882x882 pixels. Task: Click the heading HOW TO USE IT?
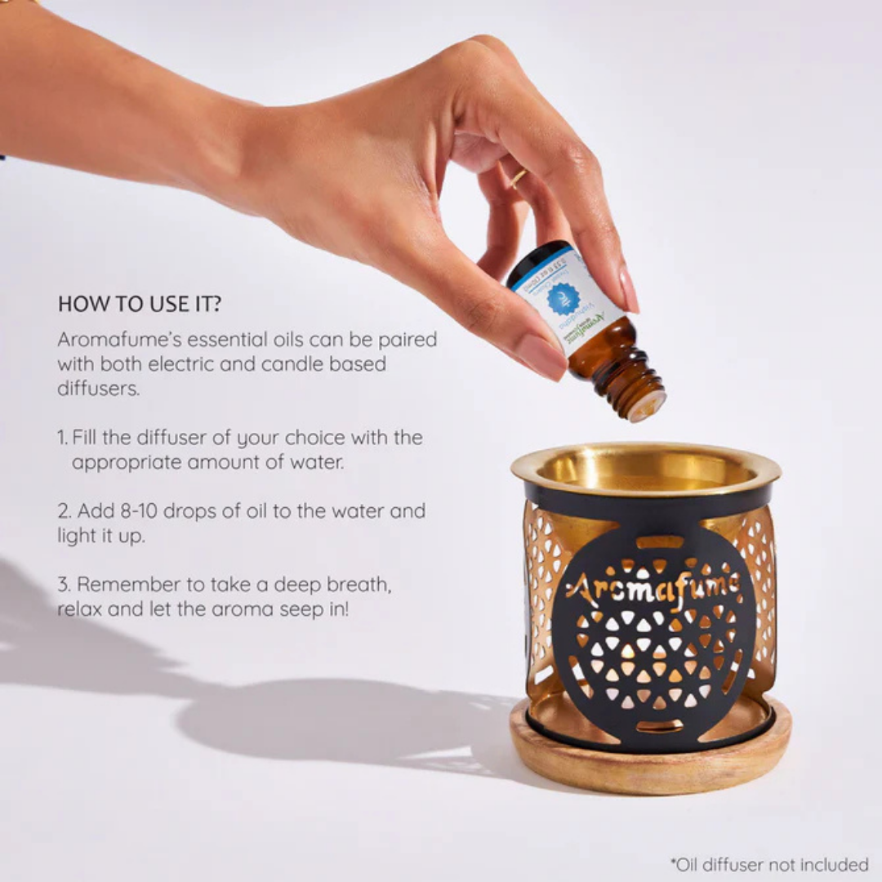click(x=140, y=305)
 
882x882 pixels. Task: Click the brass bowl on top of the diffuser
click(x=645, y=470)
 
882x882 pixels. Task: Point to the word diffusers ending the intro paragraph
click(x=98, y=389)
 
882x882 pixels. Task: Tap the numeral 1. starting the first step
click(x=63, y=438)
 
